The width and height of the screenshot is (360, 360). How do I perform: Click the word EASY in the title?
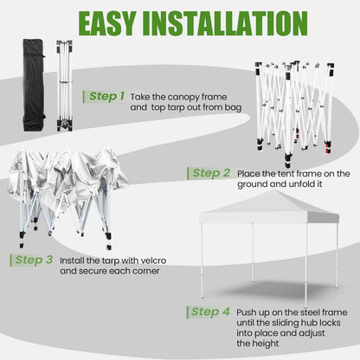pos(107,23)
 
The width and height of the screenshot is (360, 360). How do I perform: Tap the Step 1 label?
pos(106,96)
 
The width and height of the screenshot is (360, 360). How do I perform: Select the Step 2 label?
pos(211,173)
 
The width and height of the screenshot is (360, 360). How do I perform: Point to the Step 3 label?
pos(34,260)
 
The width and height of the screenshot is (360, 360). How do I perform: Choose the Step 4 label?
pos(210,312)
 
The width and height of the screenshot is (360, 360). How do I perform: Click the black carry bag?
pos(34,86)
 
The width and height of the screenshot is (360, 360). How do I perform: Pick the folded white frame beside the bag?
pos(65,86)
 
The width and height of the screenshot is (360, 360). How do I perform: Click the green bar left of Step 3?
pos(11,260)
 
